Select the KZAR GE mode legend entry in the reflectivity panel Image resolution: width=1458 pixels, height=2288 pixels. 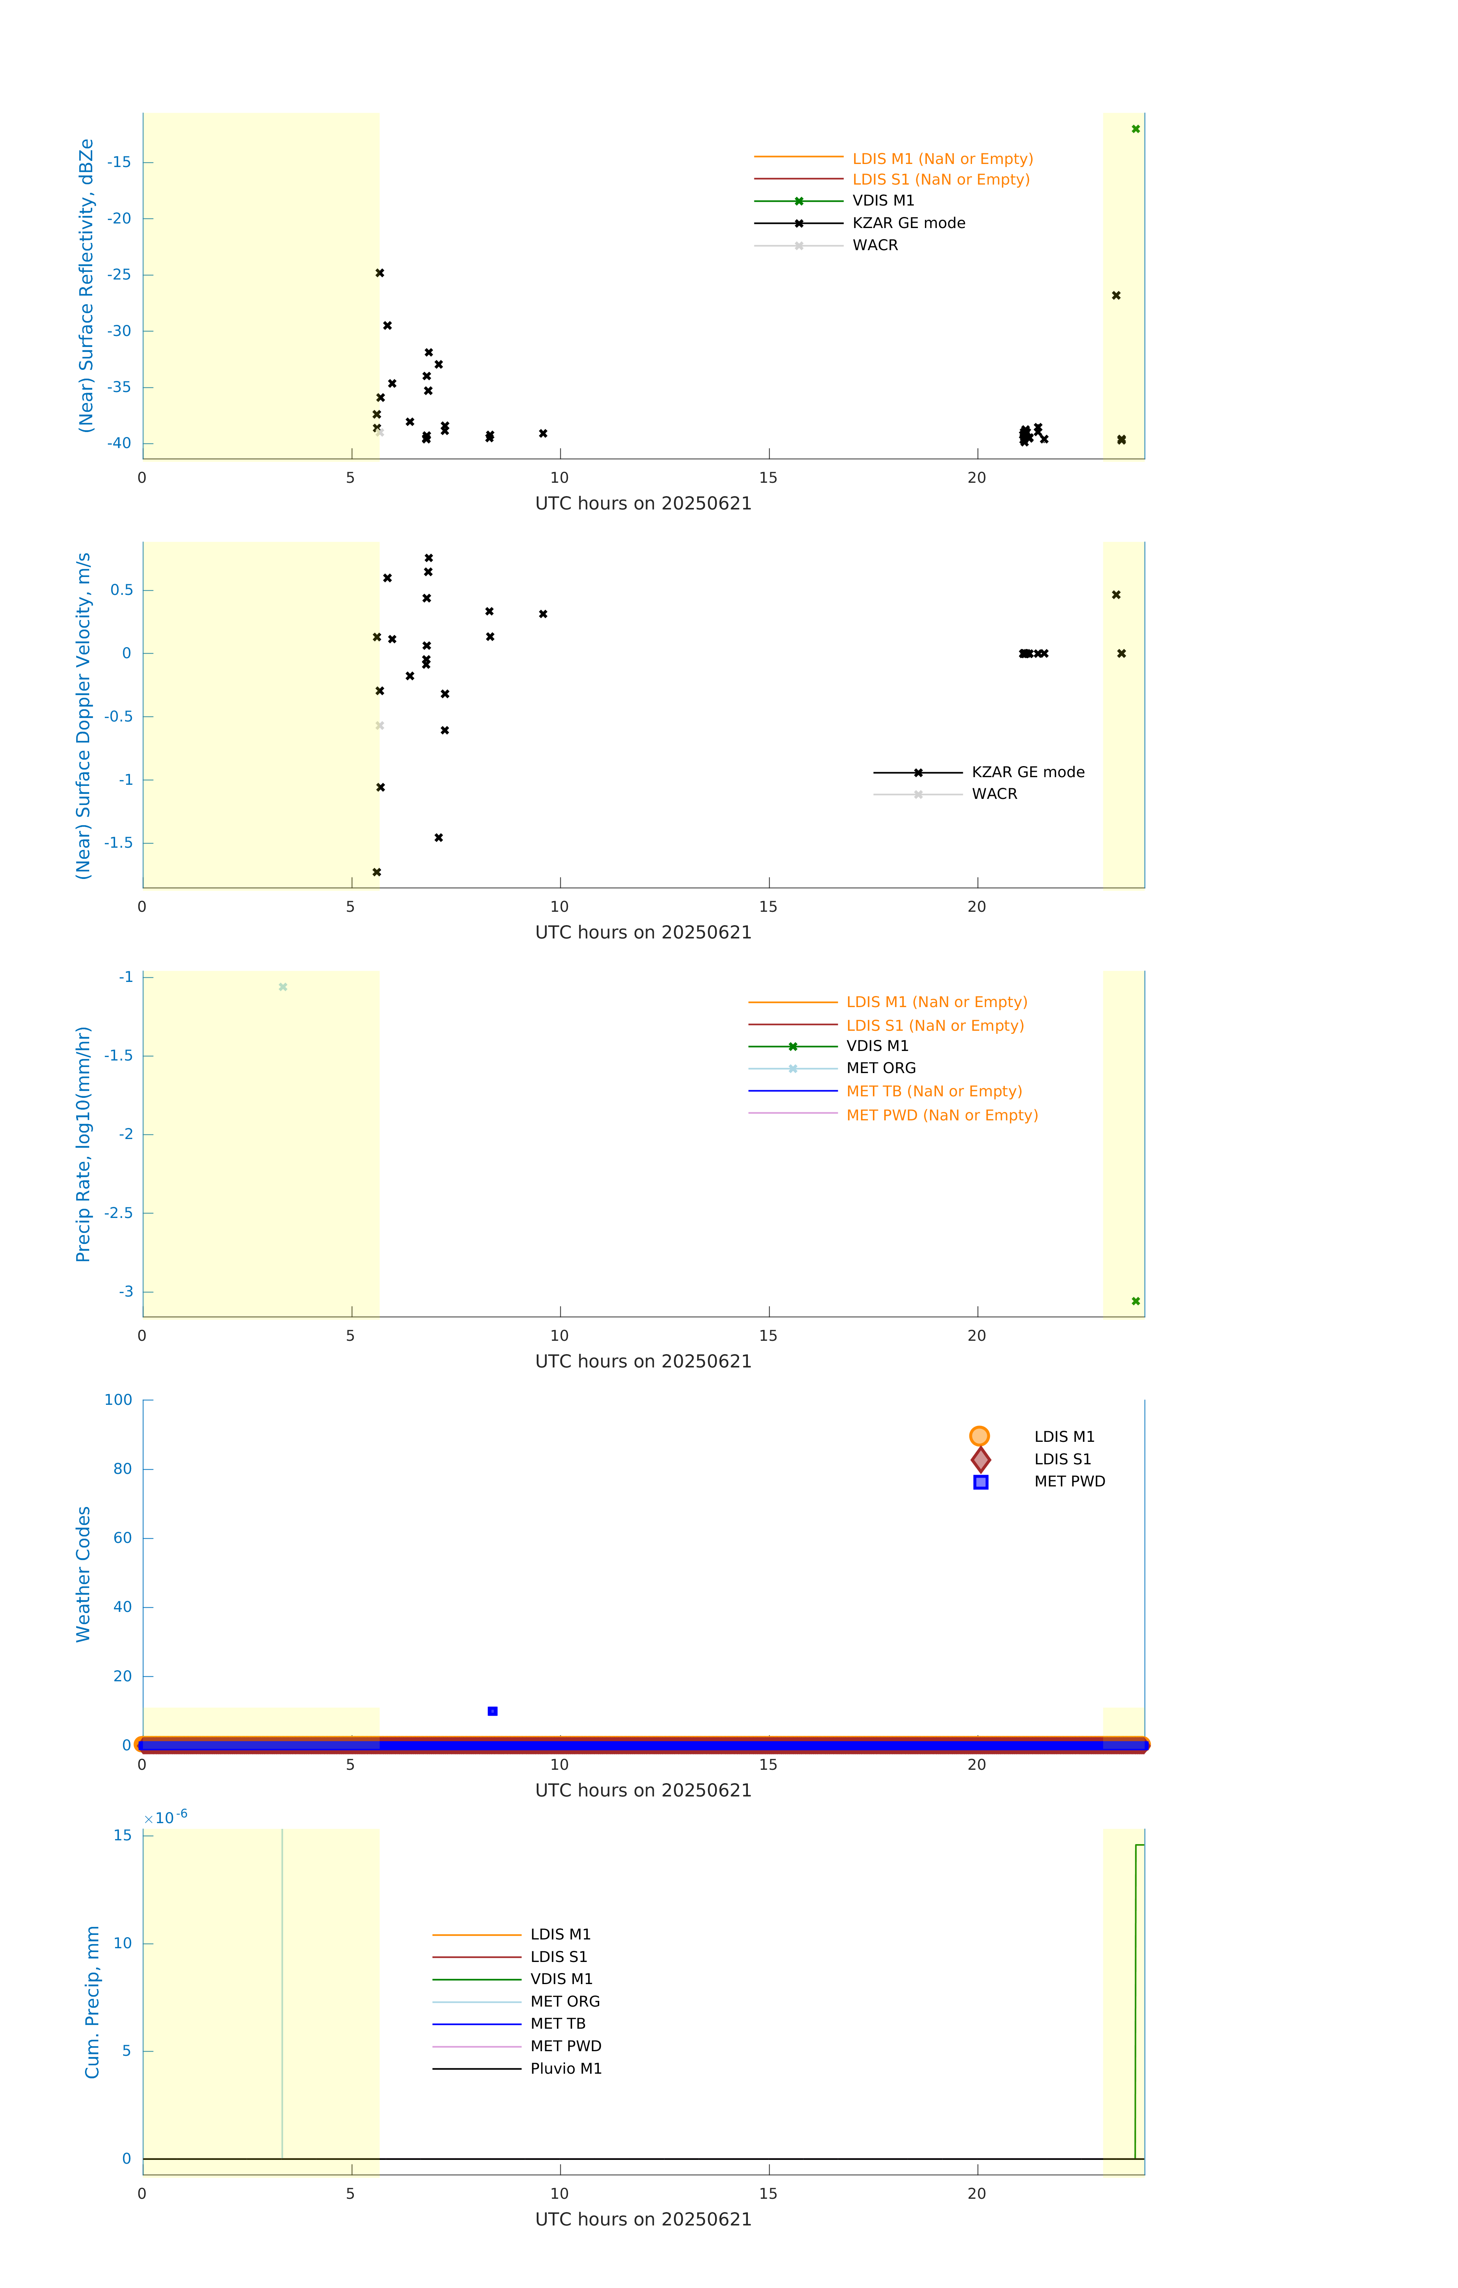pos(908,223)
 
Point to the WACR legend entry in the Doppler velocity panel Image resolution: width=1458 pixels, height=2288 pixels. pos(993,794)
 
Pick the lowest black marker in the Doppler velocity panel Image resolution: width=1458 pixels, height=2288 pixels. pos(377,872)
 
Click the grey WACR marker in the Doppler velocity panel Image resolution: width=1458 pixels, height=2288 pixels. pos(380,726)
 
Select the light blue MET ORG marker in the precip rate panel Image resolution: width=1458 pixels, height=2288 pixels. pos(283,987)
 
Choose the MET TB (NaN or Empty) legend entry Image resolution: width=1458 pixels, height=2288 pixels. pos(934,1092)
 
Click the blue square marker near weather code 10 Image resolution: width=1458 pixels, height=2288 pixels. pos(492,1711)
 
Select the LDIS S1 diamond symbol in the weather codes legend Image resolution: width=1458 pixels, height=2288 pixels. pos(980,1459)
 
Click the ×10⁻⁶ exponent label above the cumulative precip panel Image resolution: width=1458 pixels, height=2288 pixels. pos(166,1818)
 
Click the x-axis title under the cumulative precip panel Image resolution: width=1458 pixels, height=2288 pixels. pos(643,2220)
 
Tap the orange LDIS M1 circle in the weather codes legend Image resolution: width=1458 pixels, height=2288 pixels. pos(979,1436)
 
